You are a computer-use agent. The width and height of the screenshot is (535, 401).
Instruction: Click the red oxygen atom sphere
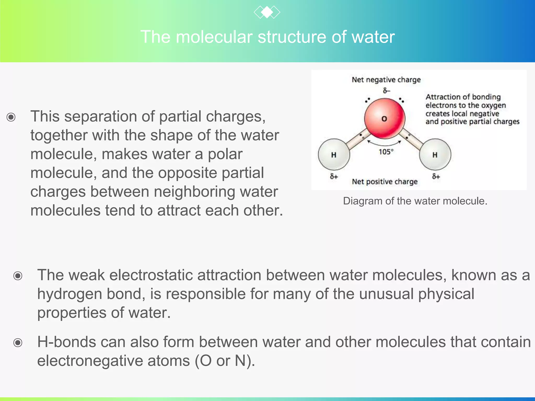click(x=385, y=119)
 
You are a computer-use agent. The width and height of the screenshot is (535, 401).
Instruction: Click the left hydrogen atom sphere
click(x=334, y=155)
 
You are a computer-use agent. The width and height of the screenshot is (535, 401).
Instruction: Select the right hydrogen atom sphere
click(x=435, y=155)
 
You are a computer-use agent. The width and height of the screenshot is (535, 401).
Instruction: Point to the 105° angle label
click(x=386, y=152)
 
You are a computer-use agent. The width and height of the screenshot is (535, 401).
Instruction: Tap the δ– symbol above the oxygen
click(x=386, y=91)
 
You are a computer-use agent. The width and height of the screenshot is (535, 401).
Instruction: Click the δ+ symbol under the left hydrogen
click(x=334, y=176)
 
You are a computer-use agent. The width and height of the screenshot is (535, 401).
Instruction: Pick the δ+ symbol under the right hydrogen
click(x=436, y=176)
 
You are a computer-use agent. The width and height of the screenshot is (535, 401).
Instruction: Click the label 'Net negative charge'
click(x=386, y=80)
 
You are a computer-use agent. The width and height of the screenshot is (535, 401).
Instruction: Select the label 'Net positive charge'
click(x=385, y=181)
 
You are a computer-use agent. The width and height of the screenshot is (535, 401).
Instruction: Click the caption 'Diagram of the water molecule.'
click(x=415, y=201)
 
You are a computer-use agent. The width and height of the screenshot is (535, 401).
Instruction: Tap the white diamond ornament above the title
click(x=267, y=12)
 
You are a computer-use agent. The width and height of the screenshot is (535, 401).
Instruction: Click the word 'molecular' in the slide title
click(x=214, y=37)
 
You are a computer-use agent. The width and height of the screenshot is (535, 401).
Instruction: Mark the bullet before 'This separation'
click(x=11, y=117)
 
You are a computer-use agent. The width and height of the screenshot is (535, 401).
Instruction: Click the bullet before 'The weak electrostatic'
click(x=18, y=276)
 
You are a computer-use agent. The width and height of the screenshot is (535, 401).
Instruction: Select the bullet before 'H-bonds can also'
click(x=18, y=343)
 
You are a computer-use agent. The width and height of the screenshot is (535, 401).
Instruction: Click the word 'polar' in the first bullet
click(x=225, y=154)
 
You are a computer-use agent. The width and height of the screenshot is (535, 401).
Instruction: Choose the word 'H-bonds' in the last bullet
click(x=67, y=342)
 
